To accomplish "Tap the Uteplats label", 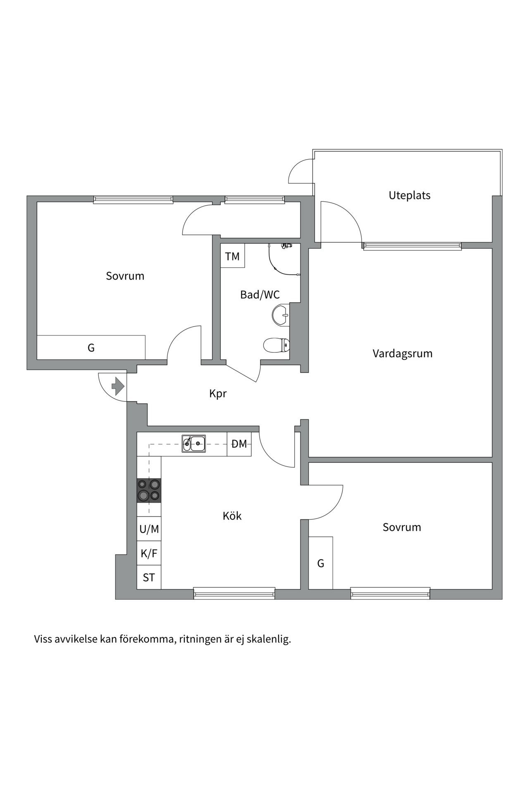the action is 410,195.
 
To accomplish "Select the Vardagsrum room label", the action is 403,354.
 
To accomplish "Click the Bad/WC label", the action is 260,294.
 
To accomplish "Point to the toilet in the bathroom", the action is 276,345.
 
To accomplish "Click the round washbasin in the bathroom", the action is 281,315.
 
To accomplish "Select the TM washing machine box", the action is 232,256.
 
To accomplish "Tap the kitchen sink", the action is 194,444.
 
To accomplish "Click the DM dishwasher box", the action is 239,444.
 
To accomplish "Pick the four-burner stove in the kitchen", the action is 149,490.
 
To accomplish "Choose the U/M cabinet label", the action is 149,529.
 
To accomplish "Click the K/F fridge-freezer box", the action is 149,553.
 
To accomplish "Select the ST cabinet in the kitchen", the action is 149,577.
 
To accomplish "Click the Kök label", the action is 232,516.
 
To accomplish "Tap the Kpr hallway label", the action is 218,393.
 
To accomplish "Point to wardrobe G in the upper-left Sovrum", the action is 91,347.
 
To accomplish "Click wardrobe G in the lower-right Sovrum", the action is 321,563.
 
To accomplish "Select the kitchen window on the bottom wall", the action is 234,593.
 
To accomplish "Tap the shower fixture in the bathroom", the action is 284,260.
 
